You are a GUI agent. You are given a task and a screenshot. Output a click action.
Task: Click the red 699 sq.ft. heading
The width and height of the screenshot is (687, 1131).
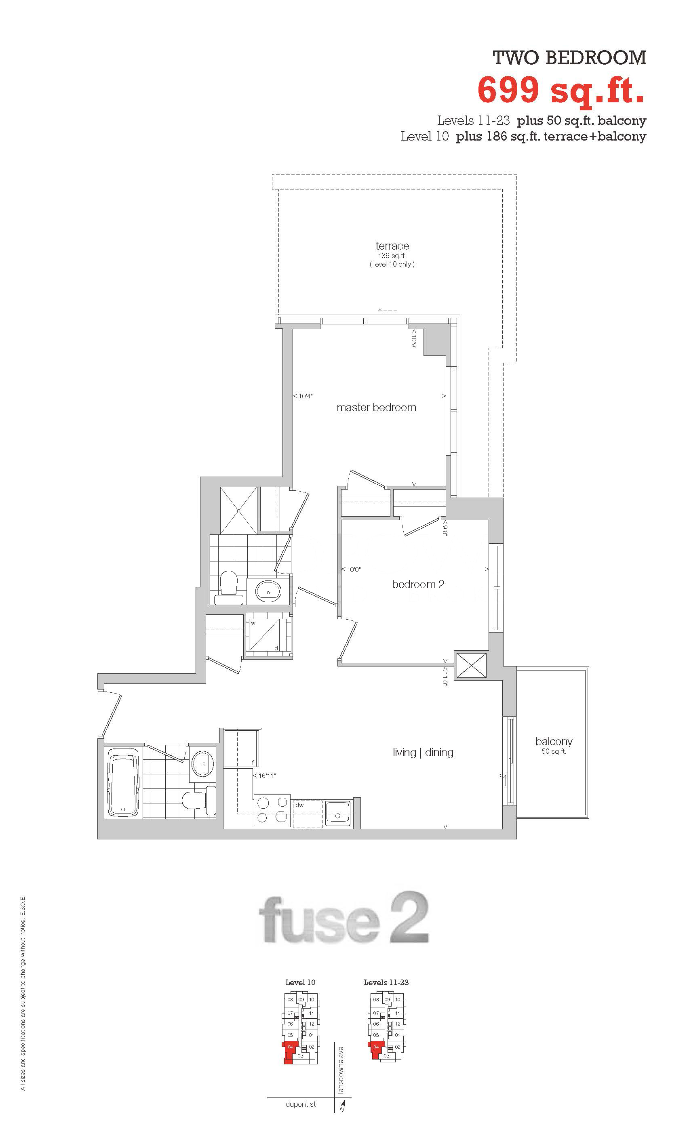coord(561,90)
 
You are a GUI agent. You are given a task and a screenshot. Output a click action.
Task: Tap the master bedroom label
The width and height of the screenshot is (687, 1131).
coord(376,407)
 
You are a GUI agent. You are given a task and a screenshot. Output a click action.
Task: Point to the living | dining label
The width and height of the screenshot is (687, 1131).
coord(423,752)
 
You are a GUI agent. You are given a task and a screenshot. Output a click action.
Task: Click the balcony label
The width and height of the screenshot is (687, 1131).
coord(554,741)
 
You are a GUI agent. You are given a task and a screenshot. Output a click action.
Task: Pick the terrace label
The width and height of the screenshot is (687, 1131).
coord(392,246)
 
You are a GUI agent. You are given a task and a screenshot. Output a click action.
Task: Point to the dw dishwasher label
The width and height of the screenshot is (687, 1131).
coord(299,805)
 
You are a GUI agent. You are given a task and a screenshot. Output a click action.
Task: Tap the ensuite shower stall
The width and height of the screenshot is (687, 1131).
coord(238,510)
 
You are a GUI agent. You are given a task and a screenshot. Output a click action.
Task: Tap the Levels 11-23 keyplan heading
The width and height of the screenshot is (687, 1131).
coord(386,982)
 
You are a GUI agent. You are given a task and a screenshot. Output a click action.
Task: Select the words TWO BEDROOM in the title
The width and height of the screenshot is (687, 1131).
coord(569,58)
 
